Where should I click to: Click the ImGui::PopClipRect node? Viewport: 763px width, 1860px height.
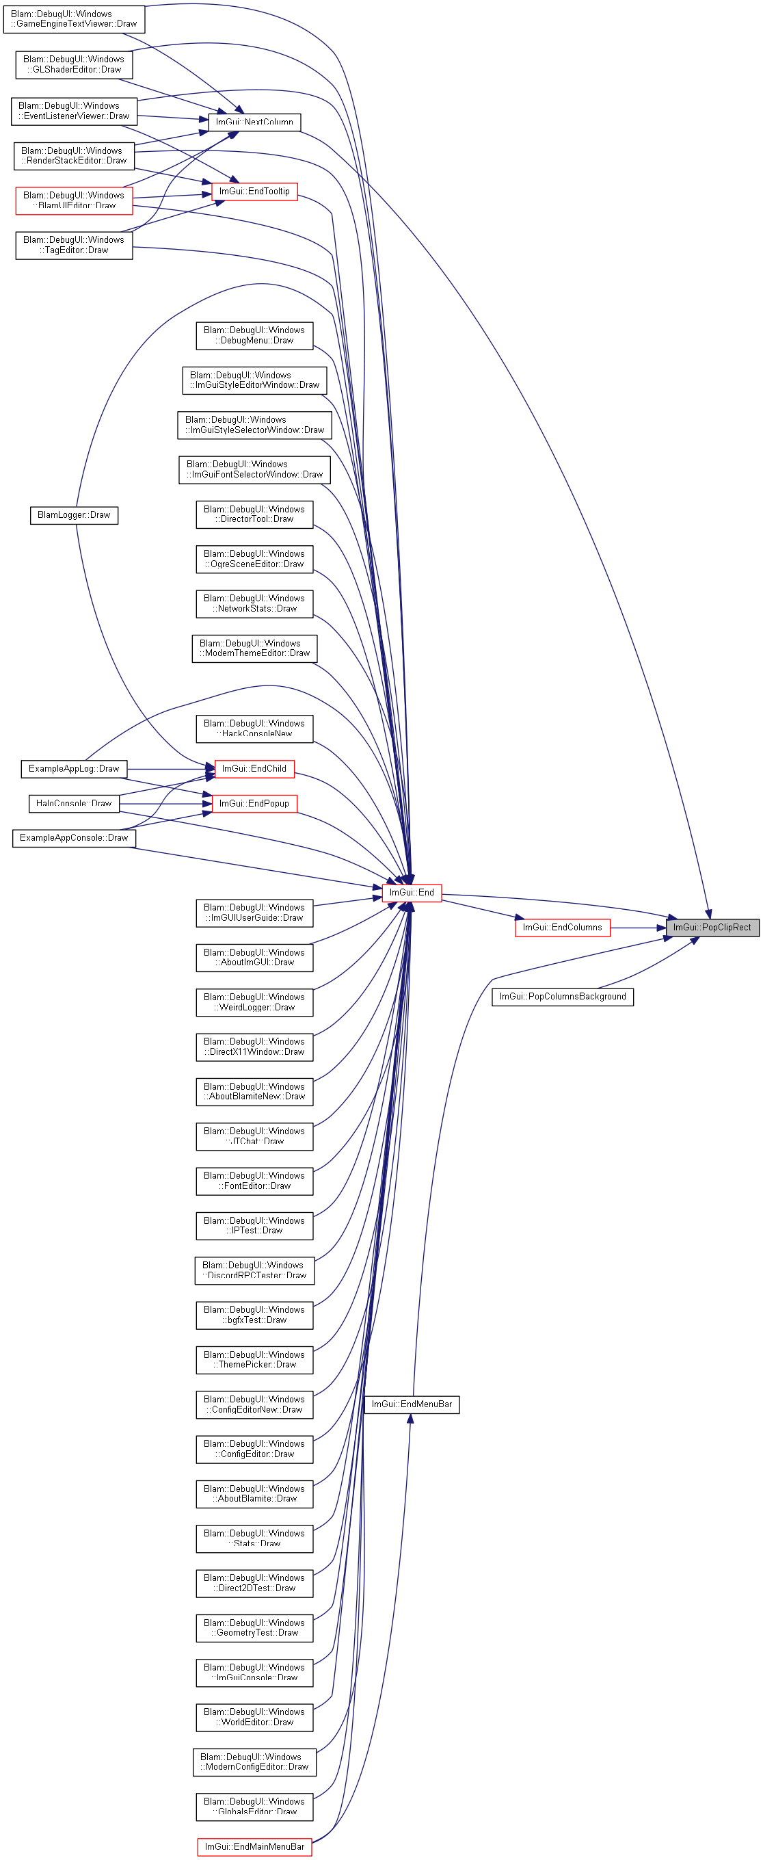712,927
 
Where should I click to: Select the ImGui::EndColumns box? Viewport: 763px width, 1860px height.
561,927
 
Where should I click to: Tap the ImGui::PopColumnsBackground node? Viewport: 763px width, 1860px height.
562,997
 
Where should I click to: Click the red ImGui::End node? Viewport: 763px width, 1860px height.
412,893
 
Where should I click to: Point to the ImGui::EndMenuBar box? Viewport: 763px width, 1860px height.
412,1404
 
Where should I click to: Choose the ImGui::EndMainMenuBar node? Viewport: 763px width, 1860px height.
254,1846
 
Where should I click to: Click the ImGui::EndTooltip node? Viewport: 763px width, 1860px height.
254,192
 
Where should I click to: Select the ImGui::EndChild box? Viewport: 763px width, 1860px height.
254,768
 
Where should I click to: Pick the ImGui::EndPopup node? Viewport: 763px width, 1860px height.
254,803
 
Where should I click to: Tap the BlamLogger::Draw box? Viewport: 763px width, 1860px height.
74,515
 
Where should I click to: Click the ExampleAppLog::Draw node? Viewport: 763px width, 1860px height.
74,768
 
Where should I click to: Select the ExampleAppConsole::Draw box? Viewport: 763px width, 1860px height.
74,837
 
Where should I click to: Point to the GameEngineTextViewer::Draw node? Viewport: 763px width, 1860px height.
74,18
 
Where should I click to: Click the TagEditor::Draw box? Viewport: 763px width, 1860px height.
74,245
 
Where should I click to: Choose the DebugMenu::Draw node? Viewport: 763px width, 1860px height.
254,335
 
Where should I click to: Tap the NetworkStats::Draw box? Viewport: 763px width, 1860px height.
254,603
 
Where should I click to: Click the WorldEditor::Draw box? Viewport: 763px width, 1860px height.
254,1717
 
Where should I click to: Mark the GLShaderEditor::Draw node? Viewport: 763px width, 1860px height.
74,64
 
